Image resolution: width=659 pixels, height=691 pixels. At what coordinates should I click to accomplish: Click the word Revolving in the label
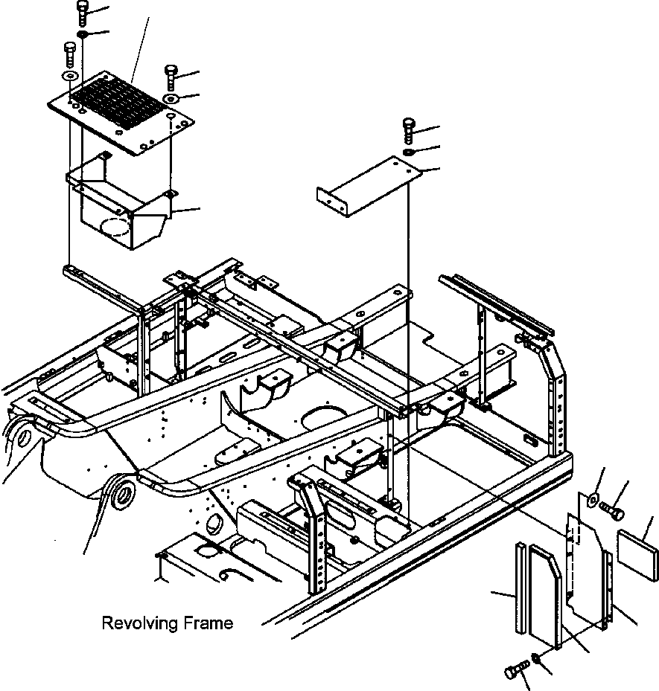[x=139, y=623]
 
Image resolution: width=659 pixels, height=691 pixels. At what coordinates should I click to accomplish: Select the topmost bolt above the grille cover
[x=82, y=13]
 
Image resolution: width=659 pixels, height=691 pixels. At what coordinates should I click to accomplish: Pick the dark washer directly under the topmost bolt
[x=82, y=34]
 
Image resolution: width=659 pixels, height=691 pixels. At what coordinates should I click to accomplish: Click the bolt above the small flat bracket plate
[x=409, y=129]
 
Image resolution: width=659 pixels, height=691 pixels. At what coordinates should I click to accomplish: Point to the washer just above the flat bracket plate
[x=410, y=152]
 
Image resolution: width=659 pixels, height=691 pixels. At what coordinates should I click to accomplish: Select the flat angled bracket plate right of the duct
[x=369, y=185]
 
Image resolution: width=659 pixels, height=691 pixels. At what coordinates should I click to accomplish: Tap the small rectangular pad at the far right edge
[x=638, y=555]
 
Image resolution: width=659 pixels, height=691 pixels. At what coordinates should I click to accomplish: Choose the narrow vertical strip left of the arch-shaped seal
[x=520, y=588]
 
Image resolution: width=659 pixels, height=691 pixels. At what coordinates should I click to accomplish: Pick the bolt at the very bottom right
[x=518, y=670]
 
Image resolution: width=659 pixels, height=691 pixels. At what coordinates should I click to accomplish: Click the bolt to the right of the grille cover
[x=171, y=77]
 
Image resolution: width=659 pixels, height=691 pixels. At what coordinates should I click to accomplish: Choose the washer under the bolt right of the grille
[x=171, y=98]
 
